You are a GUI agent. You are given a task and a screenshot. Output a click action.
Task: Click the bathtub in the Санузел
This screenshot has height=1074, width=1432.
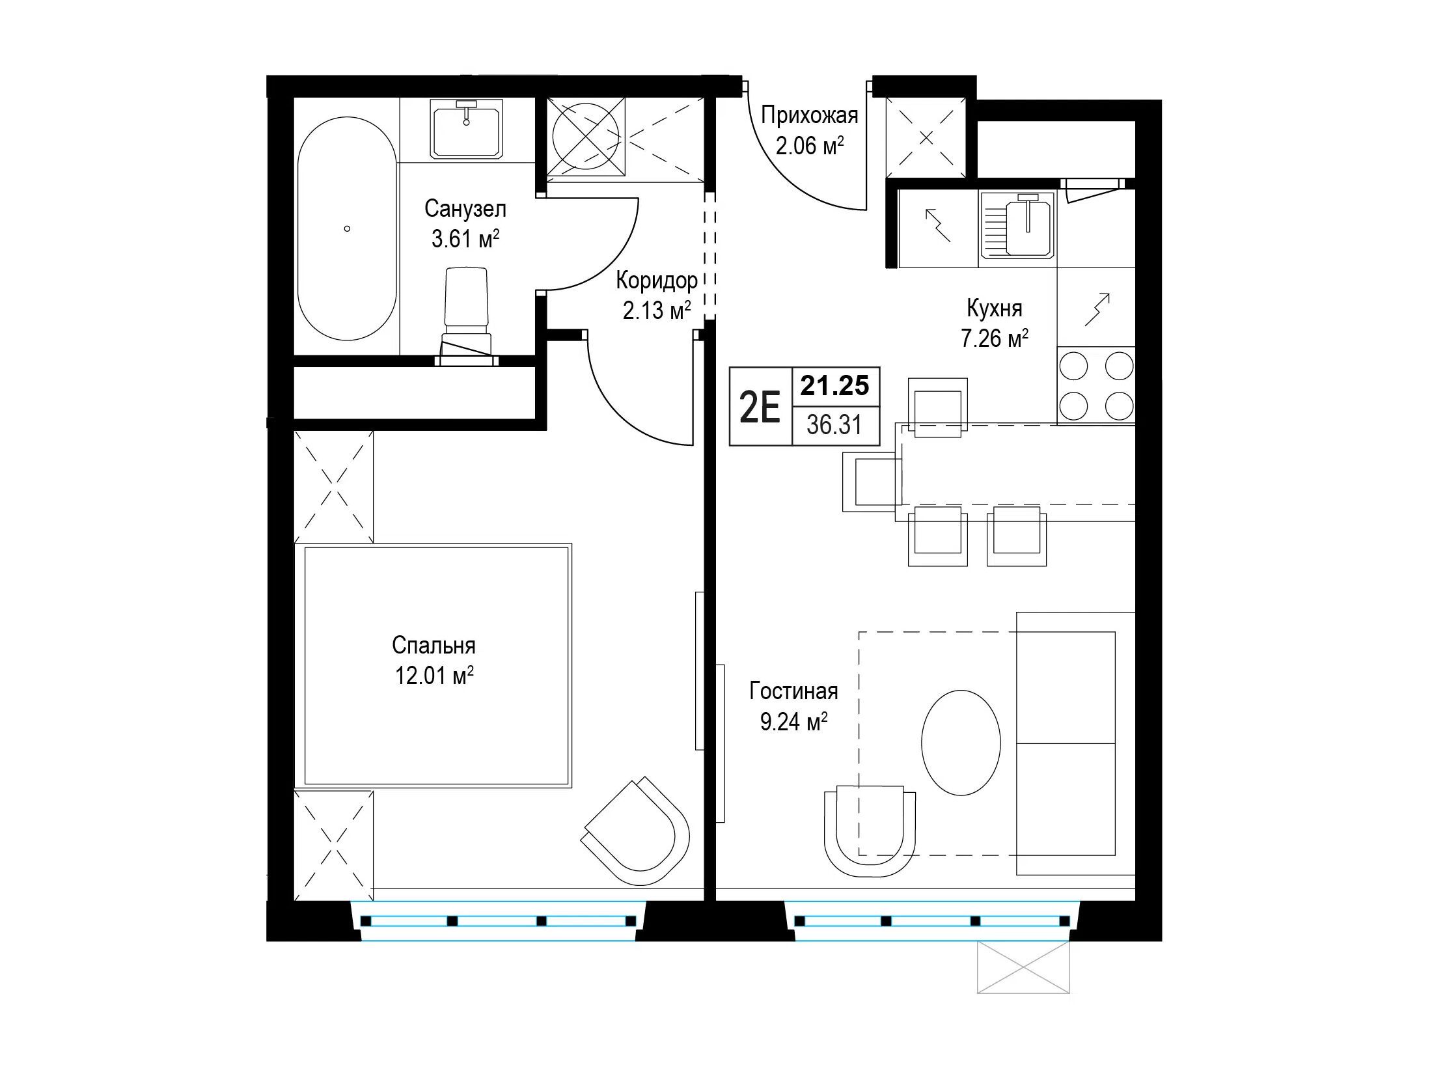pyautogui.click(x=347, y=228)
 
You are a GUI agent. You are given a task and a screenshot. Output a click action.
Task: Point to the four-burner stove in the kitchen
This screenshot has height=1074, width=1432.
pyautogui.click(x=1096, y=385)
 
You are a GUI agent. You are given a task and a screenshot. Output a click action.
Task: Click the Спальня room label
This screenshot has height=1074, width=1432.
pyautogui.click(x=434, y=645)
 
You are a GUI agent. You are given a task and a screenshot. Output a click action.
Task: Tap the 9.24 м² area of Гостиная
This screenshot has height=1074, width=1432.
pyautogui.click(x=793, y=722)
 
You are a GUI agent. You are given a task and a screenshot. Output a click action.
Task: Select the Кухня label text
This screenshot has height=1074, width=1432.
pyautogui.click(x=995, y=307)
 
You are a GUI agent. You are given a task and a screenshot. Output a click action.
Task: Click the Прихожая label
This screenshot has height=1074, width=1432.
pyautogui.click(x=810, y=116)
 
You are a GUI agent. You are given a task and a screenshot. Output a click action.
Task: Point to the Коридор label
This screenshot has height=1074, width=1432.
pyautogui.click(x=657, y=281)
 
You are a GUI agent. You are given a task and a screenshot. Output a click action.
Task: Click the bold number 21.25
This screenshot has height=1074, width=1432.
pyautogui.click(x=835, y=386)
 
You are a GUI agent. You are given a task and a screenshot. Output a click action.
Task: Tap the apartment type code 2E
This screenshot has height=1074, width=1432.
pyautogui.click(x=760, y=408)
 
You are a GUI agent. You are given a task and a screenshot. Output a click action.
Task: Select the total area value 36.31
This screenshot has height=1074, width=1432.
pyautogui.click(x=834, y=426)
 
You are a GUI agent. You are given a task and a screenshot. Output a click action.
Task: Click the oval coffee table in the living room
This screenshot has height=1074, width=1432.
pyautogui.click(x=961, y=743)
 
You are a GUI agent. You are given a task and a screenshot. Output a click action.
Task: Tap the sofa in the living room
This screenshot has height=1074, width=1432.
pyautogui.click(x=1075, y=743)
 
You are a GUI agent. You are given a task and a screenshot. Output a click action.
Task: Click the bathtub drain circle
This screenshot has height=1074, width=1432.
pyautogui.click(x=347, y=228)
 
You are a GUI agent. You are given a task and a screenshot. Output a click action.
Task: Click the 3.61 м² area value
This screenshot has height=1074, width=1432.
pyautogui.click(x=465, y=240)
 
